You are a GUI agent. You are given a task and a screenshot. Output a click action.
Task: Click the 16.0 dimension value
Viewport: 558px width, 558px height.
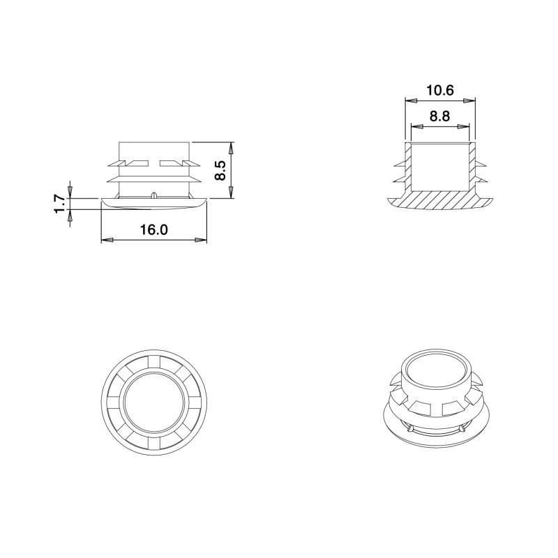153,229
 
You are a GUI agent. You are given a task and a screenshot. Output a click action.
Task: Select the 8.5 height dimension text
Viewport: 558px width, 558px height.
220,171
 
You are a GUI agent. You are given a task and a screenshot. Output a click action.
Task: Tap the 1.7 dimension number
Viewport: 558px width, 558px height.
60,204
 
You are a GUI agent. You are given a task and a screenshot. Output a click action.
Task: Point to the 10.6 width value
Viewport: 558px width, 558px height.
440,90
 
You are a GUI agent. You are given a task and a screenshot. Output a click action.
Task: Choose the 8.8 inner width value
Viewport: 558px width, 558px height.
439,116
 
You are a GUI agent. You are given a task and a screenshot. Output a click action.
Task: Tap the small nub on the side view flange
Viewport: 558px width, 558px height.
153,195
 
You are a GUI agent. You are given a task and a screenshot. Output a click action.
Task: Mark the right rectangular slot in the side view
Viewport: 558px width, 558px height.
170,164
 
